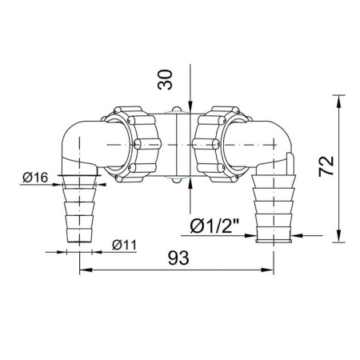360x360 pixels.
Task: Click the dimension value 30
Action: pyautogui.click(x=166, y=80)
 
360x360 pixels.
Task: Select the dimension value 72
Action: pyautogui.click(x=326, y=166)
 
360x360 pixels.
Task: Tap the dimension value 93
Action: pyautogui.click(x=178, y=258)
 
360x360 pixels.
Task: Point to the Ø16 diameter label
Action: pyautogui.click(x=35, y=178)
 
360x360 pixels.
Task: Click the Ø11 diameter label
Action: pyautogui.click(x=124, y=245)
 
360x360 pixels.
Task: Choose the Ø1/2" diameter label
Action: pyautogui.click(x=214, y=226)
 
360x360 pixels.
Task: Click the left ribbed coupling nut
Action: pyautogui.click(x=131, y=144)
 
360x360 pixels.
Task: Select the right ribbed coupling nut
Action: pyautogui.click(x=222, y=144)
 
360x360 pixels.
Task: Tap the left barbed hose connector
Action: pyautogui.click(x=79, y=209)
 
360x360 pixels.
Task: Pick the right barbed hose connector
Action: pyautogui.click(x=274, y=209)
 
